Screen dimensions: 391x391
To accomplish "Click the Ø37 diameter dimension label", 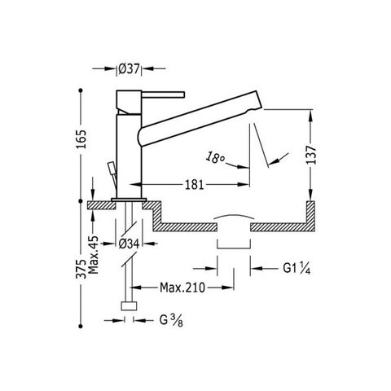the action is pos(130,69).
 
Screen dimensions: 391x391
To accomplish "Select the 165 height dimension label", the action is pos(81,139).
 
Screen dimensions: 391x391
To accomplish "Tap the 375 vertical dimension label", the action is pos(81,269).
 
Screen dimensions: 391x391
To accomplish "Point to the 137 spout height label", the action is pos(311,155).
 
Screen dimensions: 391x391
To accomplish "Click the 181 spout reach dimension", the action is pos(195,185).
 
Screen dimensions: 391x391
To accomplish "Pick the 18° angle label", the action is pos(214,158).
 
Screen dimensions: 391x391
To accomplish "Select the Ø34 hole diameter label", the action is pos(129,244).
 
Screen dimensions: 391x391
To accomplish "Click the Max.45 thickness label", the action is pos(94,255).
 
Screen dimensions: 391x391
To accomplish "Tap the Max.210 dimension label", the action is pos(182,288).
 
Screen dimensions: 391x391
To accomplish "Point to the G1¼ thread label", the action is pos(297,269).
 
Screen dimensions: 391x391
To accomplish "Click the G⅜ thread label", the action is pos(171,320).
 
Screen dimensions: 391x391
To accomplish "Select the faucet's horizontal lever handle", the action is pos(163,94).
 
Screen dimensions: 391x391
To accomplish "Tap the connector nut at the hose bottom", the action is pos(129,306).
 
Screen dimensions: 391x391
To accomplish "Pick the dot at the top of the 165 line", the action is pos(81,90).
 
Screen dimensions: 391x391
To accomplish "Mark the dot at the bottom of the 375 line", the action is pos(81,326).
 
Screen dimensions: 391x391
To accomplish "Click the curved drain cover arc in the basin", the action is pos(234,216).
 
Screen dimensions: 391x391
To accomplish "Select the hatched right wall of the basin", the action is pos(310,216).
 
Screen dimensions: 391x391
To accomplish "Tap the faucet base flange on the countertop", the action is pos(129,200).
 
